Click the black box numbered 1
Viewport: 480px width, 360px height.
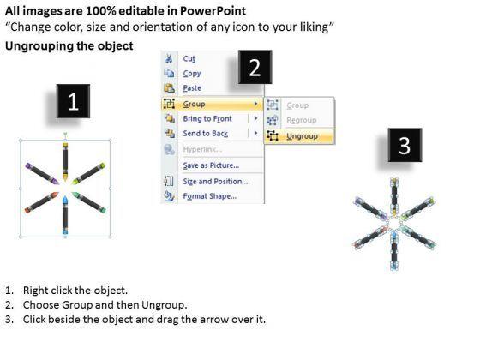[73, 101]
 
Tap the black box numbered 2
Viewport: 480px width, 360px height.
[255, 67]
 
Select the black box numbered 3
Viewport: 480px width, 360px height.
[405, 145]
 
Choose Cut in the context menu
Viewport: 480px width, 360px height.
[189, 58]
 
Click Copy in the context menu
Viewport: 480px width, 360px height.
[192, 74]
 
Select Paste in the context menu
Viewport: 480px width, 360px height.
[192, 88]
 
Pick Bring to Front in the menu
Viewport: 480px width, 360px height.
[207, 119]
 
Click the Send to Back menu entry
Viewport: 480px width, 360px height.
[206, 134]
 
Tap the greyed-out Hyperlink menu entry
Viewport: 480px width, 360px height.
[202, 149]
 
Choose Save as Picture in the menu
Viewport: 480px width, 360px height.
[211, 165]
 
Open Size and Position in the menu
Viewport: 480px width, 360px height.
[215, 182]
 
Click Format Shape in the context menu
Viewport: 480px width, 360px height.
[210, 196]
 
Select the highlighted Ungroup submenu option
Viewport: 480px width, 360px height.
[302, 136]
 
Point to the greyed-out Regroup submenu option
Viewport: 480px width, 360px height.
[301, 120]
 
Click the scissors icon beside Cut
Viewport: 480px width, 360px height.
[169, 58]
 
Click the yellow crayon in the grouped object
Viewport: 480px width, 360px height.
[65, 161]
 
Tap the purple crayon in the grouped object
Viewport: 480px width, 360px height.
[42, 174]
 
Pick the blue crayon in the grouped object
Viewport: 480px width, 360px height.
[65, 215]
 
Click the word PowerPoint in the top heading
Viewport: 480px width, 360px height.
[213, 11]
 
